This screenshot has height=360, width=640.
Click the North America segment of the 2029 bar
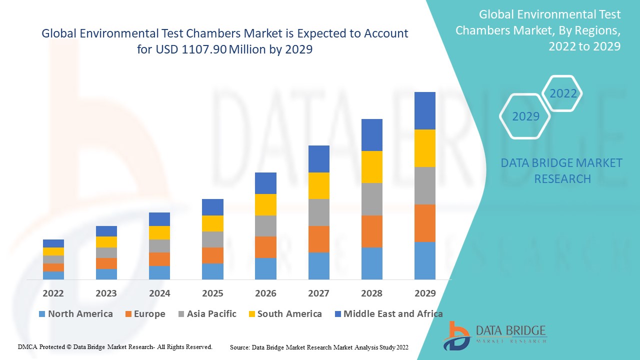tap(424, 260)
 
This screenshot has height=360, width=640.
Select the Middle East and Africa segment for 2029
tap(424, 110)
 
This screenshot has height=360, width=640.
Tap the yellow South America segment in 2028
tap(371, 167)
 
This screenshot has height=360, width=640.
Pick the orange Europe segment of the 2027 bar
tap(318, 239)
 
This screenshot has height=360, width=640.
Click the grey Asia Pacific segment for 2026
tap(265, 226)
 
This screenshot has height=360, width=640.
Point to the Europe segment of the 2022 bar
tap(53, 267)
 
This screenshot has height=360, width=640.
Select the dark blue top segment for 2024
tap(159, 219)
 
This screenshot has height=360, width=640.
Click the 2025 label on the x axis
tap(212, 293)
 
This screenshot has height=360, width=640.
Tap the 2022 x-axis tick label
tap(53, 293)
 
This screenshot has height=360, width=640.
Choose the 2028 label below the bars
tap(371, 293)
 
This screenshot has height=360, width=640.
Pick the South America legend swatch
tap(252, 314)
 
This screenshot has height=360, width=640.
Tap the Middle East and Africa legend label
tap(393, 314)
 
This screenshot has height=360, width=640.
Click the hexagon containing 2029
tap(525, 116)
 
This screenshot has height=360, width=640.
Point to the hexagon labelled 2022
tap(563, 93)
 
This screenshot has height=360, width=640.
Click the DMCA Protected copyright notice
tap(115, 346)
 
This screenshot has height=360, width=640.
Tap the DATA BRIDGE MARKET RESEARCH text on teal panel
tap(561, 170)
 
